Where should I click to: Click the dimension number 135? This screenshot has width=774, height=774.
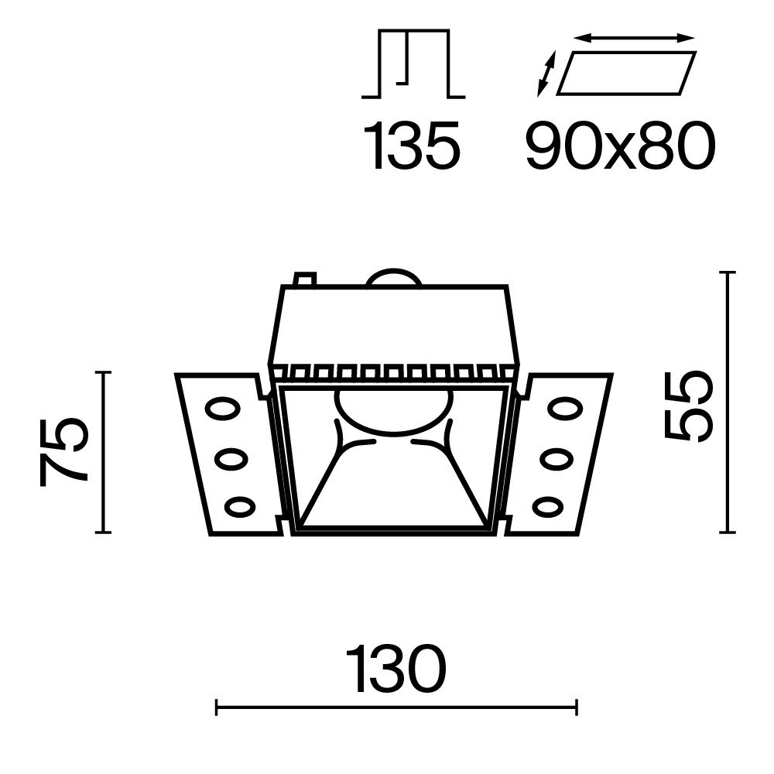(x=413, y=146)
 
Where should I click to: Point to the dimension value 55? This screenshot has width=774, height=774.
(x=688, y=406)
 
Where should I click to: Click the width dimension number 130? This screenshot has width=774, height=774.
(x=396, y=670)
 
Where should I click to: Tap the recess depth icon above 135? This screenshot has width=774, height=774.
(x=413, y=64)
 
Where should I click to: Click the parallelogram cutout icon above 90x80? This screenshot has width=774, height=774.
(x=626, y=72)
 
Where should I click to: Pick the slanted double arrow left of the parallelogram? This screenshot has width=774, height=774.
(x=546, y=74)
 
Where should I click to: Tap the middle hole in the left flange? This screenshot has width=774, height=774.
(x=230, y=459)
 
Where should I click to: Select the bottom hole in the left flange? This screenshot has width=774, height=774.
(x=239, y=508)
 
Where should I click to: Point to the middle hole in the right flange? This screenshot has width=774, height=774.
(x=555, y=459)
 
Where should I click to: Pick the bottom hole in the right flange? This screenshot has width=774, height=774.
(x=547, y=508)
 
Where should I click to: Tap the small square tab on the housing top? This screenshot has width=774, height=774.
(x=305, y=278)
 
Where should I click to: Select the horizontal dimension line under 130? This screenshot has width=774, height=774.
(x=396, y=707)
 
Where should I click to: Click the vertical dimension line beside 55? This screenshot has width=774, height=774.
(x=726, y=402)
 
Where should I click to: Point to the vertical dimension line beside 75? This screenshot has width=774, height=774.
(x=103, y=452)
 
